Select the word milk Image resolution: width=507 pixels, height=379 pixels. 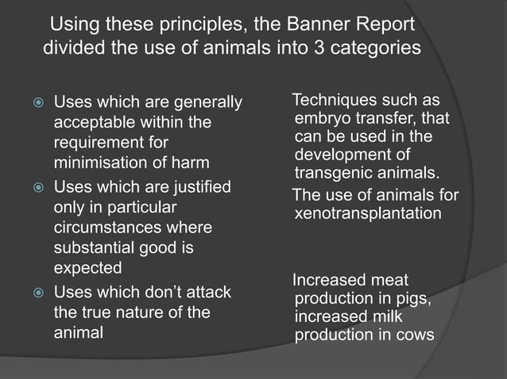tap(390, 316)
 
